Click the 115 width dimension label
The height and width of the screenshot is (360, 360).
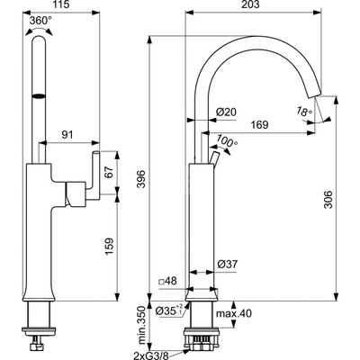pos(61,4)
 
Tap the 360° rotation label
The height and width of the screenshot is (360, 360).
pos(40,21)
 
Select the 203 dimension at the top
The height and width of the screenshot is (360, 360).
pos(250,4)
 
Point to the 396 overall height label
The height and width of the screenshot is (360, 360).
pos(141,179)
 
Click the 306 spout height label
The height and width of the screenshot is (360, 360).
pos(328,199)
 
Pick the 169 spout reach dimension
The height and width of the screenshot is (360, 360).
pos(259,125)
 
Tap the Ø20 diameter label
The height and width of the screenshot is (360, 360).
pos(226,112)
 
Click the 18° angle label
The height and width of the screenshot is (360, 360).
pos(305,112)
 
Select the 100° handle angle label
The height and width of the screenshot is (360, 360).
pos(227,140)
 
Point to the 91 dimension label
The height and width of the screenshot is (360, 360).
pos(67,135)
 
